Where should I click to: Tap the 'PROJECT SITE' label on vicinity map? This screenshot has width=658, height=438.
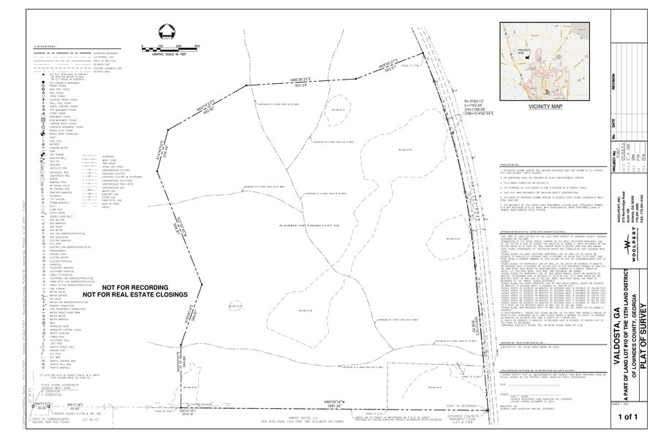[521, 53]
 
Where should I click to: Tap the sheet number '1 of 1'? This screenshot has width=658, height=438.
[628, 417]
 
